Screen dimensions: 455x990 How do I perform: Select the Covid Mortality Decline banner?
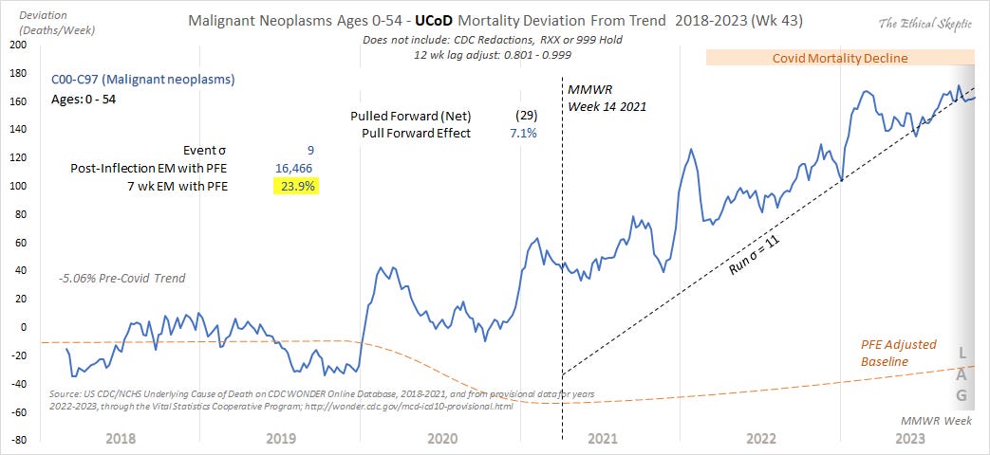[x=840, y=58]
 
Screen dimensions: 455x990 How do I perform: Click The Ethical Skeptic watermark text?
[x=927, y=23]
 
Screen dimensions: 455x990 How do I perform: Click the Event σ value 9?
[x=309, y=150]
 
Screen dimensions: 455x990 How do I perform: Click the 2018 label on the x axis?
[x=120, y=439]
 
